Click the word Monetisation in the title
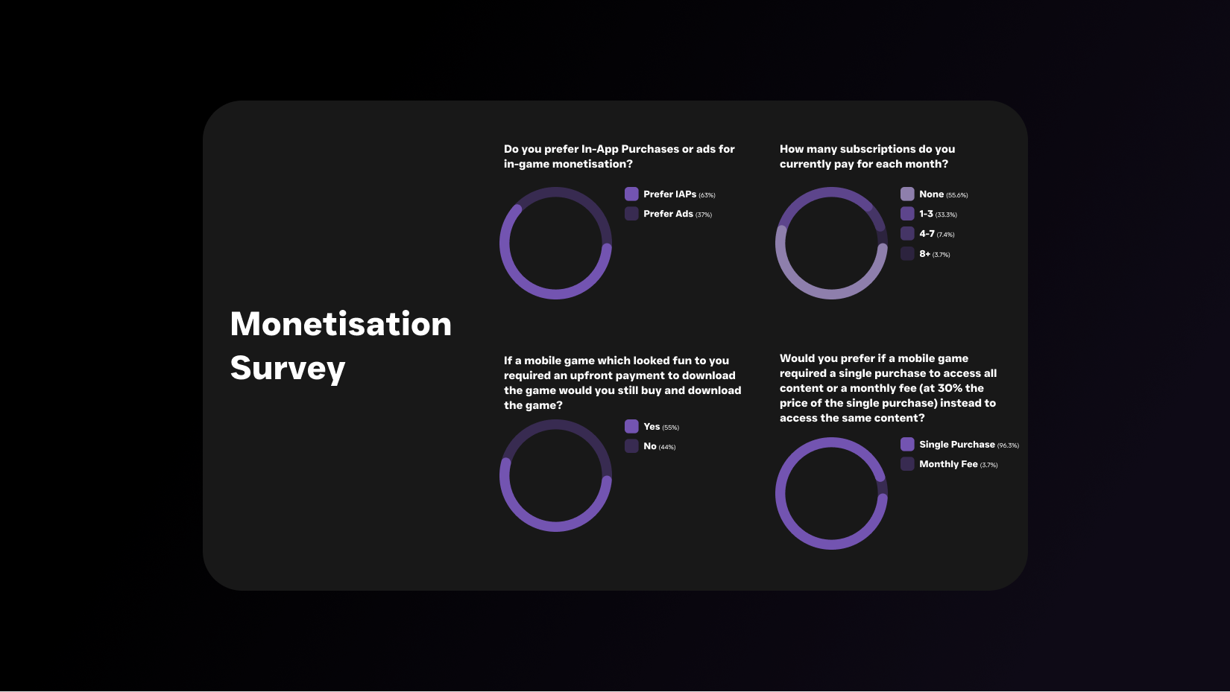pyautogui.click(x=341, y=324)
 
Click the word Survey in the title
pyautogui.click(x=288, y=368)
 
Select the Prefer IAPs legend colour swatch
pyautogui.click(x=631, y=194)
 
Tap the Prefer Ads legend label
pyautogui.click(x=668, y=214)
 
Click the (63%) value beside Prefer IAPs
pyautogui.click(x=707, y=195)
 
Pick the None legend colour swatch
pyautogui.click(x=907, y=194)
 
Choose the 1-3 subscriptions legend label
pyautogui.click(x=927, y=214)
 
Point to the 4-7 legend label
pyautogui.click(x=927, y=234)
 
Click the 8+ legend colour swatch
pyautogui.click(x=907, y=253)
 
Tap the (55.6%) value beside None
pyautogui.click(x=957, y=195)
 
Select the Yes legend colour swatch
pyautogui.click(x=631, y=426)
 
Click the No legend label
pyautogui.click(x=650, y=446)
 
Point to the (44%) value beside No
pyautogui.click(x=667, y=447)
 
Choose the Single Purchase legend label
pyautogui.click(x=957, y=445)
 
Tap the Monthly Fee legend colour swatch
pyautogui.click(x=907, y=464)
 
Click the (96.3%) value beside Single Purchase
pyautogui.click(x=1008, y=445)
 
